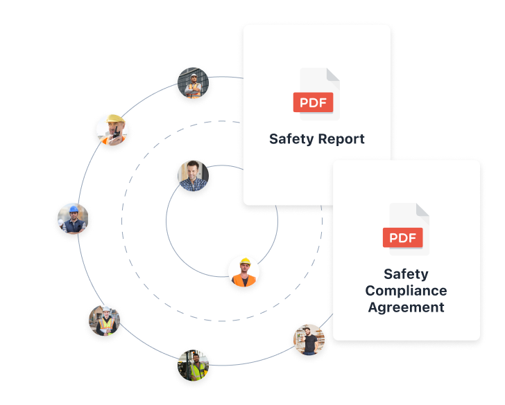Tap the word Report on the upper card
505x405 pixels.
tap(341, 139)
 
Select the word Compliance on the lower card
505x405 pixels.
tap(406, 291)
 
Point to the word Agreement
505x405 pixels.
tap(406, 307)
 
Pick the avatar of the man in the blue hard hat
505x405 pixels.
tap(73, 221)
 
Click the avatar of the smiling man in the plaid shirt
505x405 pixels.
tap(193, 177)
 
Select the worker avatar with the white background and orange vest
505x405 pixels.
tap(244, 273)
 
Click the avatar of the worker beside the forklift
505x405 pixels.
tap(194, 367)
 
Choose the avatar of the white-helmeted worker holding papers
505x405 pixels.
tap(105, 323)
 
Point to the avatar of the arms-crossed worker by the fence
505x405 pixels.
tap(193, 85)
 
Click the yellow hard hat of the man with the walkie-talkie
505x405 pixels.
tap(112, 121)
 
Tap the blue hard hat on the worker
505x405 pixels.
tap(73, 210)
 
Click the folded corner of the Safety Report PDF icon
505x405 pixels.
tap(333, 74)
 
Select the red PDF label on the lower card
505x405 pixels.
tap(403, 238)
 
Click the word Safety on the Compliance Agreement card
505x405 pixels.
tap(406, 274)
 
